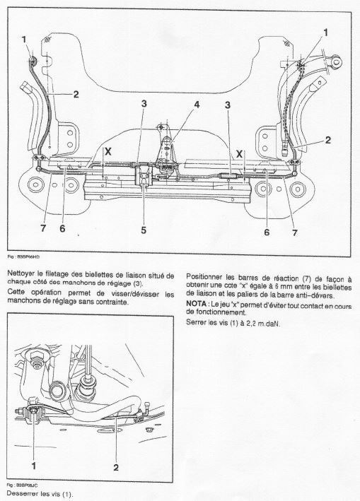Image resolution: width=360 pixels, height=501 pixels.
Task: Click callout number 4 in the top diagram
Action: click(197, 105)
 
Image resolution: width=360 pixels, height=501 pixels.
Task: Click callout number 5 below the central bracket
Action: click(144, 230)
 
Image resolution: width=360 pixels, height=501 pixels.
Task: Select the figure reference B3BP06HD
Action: click(25, 257)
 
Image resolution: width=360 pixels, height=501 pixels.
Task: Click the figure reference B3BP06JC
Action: click(25, 485)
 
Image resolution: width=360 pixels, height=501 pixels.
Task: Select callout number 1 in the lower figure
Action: click(33, 466)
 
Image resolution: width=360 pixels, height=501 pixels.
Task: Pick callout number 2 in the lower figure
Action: click(116, 468)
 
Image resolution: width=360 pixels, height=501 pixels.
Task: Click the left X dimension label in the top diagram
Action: click(108, 151)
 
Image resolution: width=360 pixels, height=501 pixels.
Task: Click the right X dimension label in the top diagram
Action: click(239, 155)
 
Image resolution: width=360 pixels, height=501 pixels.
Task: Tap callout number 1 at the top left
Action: click(24, 40)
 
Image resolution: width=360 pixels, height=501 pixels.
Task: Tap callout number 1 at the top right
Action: click(326, 33)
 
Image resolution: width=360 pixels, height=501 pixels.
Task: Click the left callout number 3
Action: click(144, 103)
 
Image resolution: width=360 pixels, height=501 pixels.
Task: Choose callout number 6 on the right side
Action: click(267, 232)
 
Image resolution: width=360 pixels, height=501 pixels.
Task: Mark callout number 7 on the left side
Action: click(43, 228)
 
